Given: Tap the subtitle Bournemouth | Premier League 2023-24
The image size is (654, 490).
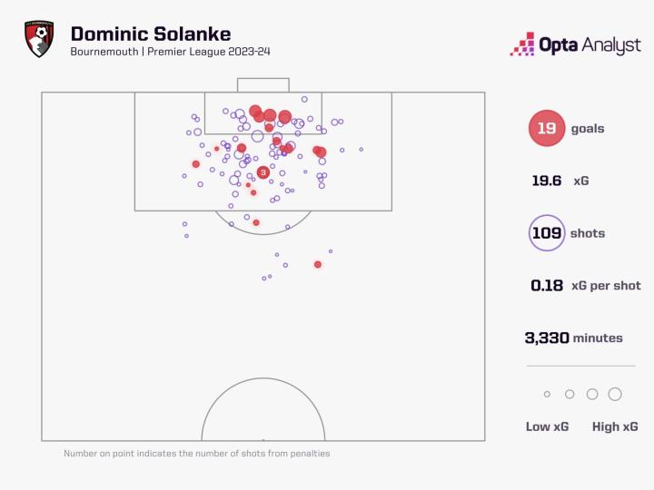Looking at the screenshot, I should (169, 52).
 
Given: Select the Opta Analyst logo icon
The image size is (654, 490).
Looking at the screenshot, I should (522, 44).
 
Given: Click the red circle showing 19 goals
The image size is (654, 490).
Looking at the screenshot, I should (546, 129).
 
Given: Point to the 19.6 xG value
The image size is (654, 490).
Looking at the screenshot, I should (547, 181).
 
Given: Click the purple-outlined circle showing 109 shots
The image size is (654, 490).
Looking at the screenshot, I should (547, 233).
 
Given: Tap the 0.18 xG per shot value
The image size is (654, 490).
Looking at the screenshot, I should (547, 285).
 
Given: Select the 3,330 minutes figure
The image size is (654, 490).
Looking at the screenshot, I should (547, 338).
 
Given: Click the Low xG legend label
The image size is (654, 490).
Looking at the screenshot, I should (547, 426).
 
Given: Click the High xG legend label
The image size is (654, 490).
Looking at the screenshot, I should (615, 426).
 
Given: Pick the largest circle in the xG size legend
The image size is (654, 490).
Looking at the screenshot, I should (615, 394).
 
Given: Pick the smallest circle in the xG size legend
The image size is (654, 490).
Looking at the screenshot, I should (547, 395).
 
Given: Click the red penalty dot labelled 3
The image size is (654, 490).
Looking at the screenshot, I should (263, 171).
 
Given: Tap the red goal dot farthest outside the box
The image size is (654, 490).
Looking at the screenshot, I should (317, 264).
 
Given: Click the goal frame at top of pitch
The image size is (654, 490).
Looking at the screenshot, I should (263, 84).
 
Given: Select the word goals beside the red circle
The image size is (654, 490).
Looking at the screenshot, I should (588, 129).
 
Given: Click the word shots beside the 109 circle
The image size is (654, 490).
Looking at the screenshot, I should (587, 233).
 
